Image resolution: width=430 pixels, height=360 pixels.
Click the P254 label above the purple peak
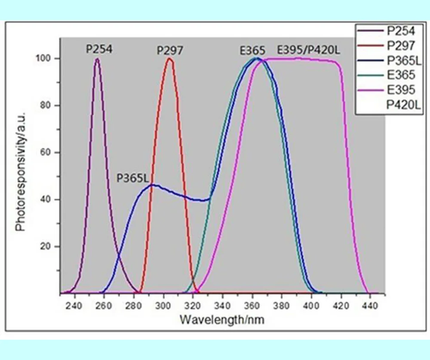point(99,49)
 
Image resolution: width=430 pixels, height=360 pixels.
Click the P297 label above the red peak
point(169,50)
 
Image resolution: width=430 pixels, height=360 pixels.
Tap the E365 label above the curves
point(252,50)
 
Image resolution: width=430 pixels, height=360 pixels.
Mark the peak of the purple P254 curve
point(97,59)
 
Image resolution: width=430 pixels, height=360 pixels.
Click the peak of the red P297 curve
point(169,59)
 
